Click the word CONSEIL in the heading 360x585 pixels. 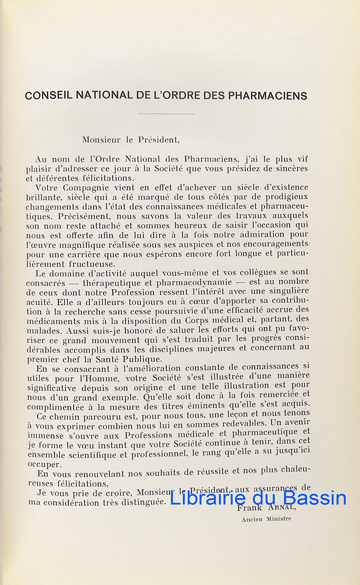coord(47,96)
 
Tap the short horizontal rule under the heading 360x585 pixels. coord(166,114)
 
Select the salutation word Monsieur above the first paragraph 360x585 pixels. coord(101,139)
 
